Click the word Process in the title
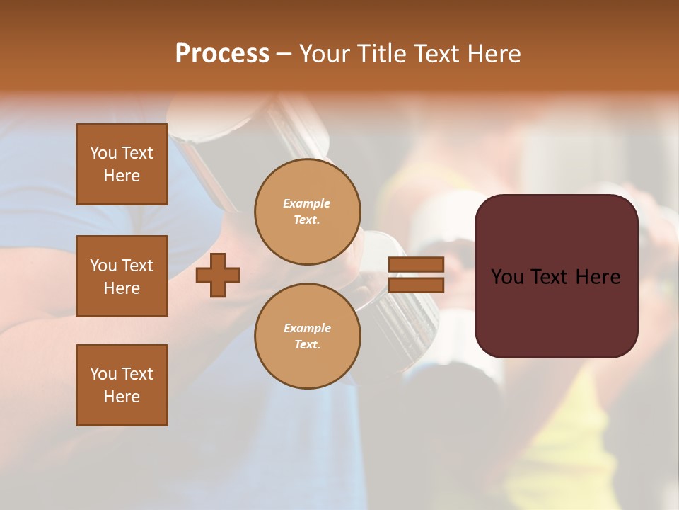coord(222,54)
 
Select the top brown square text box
coord(122,164)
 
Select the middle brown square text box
coord(122,276)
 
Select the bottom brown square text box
coord(122,385)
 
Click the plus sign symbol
coord(218,275)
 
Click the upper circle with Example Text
coord(308,212)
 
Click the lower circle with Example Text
coord(308,336)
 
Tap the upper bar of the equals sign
coord(416,264)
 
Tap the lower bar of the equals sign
coord(416,285)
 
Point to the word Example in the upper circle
coord(307,203)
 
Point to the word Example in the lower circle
coord(307,328)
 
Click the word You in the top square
coord(103,153)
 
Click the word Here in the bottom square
coord(122,397)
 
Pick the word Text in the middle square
coord(137,266)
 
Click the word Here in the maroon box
coord(598,277)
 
